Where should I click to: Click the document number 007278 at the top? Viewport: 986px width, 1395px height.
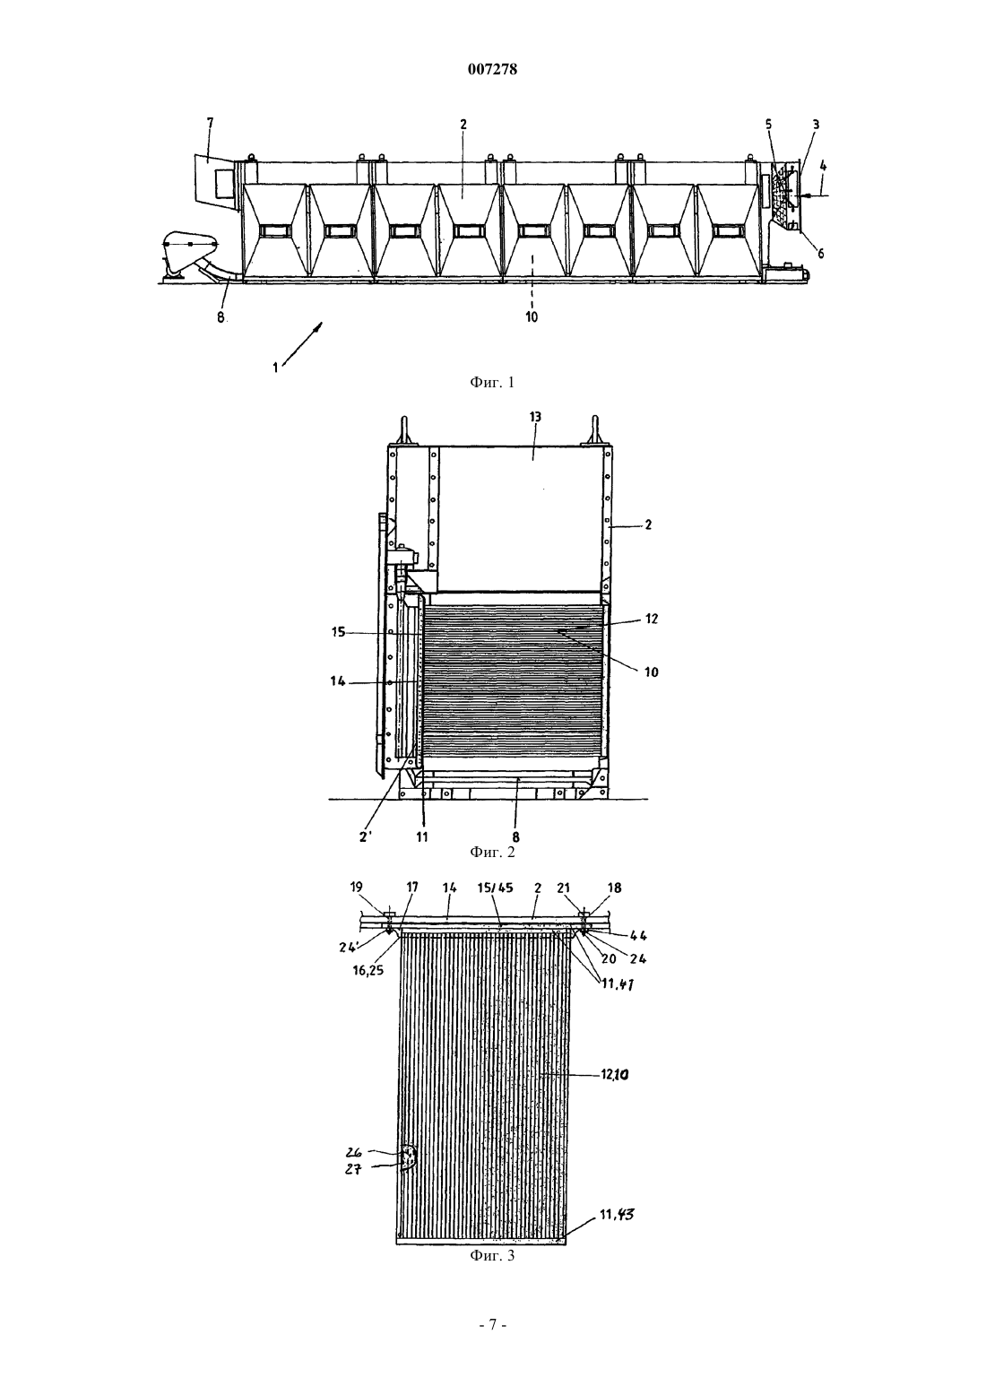[x=492, y=69]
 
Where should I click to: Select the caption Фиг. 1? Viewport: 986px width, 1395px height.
[x=492, y=383]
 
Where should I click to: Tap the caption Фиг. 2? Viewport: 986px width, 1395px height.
[x=492, y=852]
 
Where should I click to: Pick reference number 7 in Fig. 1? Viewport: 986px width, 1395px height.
[x=210, y=124]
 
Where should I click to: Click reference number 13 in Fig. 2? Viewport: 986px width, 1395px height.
[x=535, y=417]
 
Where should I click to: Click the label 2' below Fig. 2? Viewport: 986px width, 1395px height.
[x=367, y=837]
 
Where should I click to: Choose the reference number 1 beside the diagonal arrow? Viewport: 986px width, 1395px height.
[x=275, y=368]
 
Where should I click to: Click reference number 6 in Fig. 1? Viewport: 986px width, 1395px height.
[x=820, y=254]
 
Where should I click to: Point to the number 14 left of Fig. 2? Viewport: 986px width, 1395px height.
[x=338, y=681]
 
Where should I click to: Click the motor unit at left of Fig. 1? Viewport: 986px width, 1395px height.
[x=189, y=256]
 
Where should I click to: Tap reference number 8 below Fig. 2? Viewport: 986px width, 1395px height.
[x=516, y=837]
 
